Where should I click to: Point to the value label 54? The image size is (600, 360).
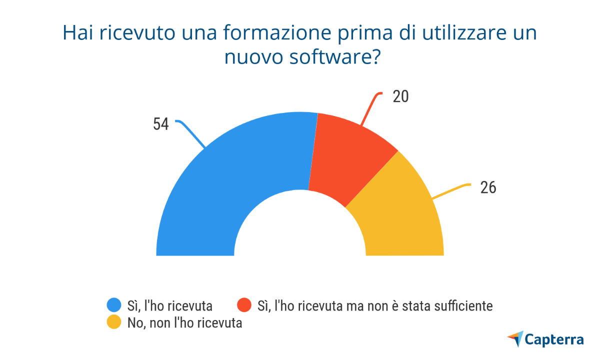click(x=161, y=124)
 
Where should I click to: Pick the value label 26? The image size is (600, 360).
click(x=488, y=187)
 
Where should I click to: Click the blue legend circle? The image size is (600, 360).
click(x=114, y=305)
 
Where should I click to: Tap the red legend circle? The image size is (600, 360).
click(x=244, y=305)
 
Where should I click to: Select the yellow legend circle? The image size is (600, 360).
click(x=114, y=322)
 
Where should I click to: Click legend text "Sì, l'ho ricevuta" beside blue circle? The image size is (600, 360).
click(x=170, y=305)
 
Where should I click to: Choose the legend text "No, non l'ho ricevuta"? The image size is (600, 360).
click(x=185, y=322)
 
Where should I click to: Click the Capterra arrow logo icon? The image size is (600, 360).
click(x=515, y=338)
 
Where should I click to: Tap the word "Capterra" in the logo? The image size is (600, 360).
click(x=554, y=339)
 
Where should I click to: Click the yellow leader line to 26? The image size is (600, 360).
click(x=450, y=192)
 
